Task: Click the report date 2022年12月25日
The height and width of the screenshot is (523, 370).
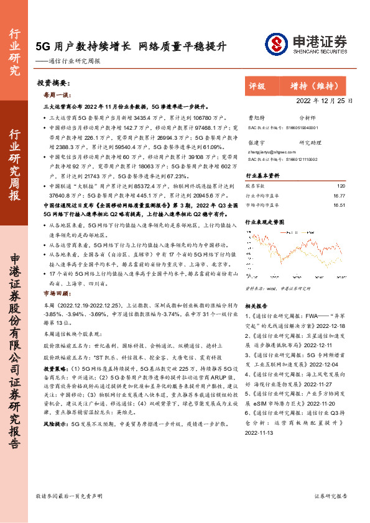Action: [324, 101]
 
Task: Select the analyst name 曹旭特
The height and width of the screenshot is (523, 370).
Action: [256, 117]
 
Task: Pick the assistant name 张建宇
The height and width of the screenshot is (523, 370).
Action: [256, 142]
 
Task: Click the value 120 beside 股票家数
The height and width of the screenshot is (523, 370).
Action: [340, 186]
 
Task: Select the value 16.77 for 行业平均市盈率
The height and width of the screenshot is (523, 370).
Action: [339, 195]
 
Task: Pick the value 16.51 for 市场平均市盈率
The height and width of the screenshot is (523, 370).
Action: [339, 204]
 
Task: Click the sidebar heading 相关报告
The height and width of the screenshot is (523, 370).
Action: [256, 306]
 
